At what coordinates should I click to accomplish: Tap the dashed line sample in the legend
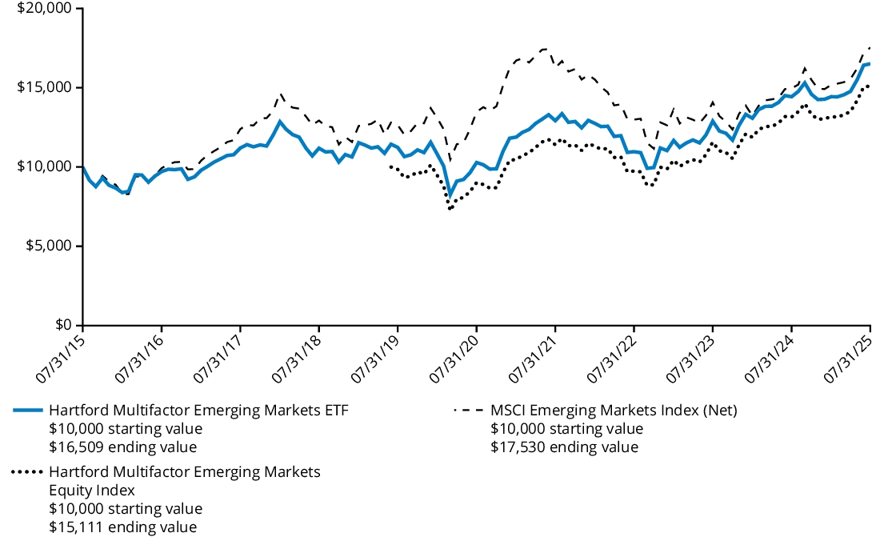coord(468,411)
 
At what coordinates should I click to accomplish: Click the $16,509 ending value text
coord(122,447)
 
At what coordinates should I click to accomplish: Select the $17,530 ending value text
coord(564,447)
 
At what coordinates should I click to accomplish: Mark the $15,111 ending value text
coord(122,527)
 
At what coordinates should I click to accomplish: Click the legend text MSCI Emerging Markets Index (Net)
coord(613,411)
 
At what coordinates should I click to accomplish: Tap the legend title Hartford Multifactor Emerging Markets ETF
coord(199,411)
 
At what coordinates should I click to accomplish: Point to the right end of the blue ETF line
coord(870,63)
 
